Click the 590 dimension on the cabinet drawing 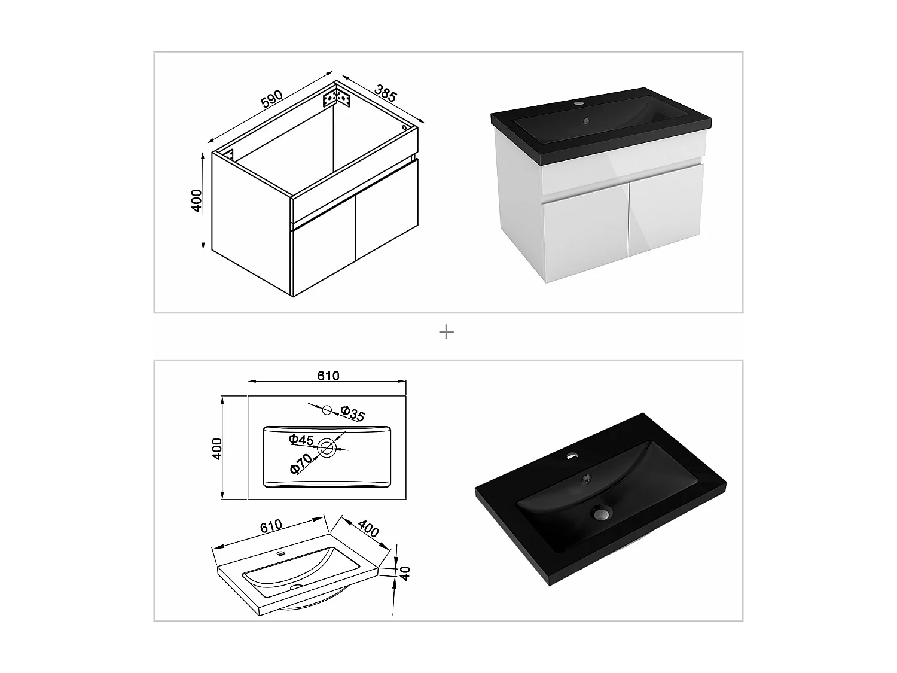click(x=271, y=99)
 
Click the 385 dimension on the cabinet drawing click(x=386, y=93)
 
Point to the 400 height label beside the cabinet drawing click(x=197, y=200)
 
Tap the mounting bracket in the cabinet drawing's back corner click(x=337, y=99)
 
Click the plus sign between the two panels click(x=446, y=332)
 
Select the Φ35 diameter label click(x=353, y=413)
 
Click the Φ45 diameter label click(x=301, y=440)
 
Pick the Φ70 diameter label click(x=301, y=464)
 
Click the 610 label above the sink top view click(x=328, y=376)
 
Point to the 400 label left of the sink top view click(x=216, y=449)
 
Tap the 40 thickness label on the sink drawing click(x=405, y=573)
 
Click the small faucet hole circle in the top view click(x=327, y=410)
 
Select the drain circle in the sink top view click(x=327, y=448)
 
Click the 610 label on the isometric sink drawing click(x=271, y=526)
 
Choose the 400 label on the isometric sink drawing click(x=368, y=528)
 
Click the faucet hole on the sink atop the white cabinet click(x=578, y=103)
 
